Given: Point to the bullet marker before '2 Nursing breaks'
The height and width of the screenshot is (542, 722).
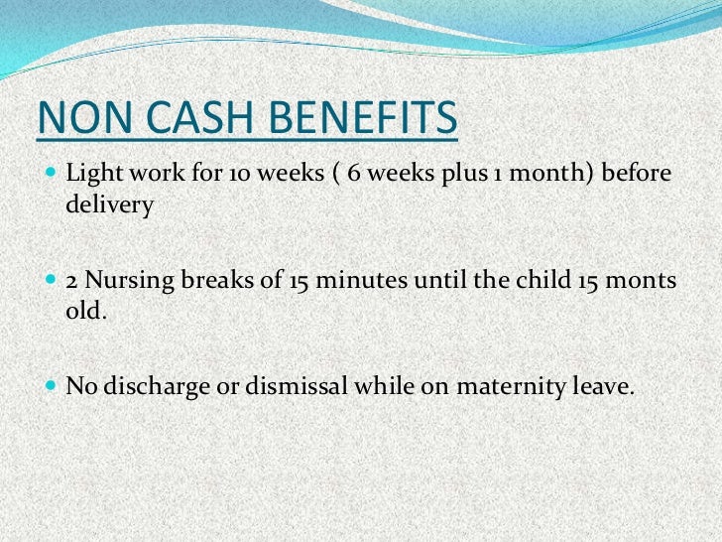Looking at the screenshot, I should coord(52,282).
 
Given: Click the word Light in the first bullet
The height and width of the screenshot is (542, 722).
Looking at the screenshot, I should coord(90,176).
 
